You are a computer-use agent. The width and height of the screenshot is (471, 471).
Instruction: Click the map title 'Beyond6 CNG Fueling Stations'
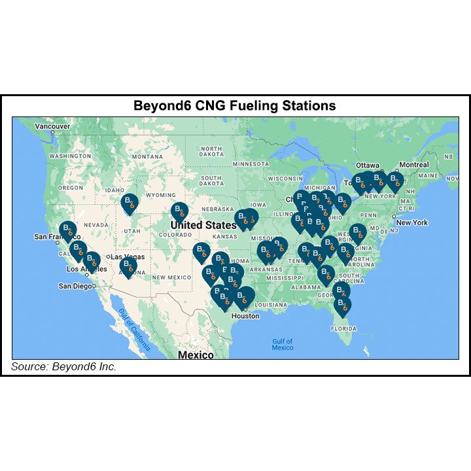click(234, 105)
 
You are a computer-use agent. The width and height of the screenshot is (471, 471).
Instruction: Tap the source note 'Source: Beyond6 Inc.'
click(63, 366)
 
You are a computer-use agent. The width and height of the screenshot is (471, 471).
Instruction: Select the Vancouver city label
click(52, 126)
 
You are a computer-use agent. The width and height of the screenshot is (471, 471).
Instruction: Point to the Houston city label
click(245, 316)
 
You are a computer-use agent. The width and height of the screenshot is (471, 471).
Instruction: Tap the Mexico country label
click(196, 355)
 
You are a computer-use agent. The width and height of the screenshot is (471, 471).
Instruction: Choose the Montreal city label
click(413, 165)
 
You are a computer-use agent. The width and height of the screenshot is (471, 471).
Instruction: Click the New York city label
click(411, 222)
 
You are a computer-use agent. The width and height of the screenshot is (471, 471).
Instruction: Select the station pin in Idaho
click(130, 202)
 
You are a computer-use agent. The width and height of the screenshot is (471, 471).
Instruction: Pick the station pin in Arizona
click(128, 266)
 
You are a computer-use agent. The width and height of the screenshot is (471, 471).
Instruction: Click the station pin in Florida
click(342, 305)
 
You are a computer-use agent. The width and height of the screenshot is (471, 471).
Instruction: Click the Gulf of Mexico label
click(283, 344)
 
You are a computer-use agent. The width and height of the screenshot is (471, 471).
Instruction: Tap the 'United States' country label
click(203, 225)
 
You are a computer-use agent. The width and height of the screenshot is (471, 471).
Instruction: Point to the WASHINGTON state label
click(70, 157)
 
